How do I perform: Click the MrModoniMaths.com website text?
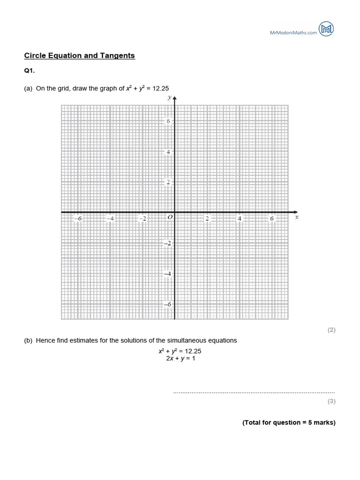293,32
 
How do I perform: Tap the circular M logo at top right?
326,29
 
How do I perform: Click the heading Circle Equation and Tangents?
79,56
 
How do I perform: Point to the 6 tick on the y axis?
168,121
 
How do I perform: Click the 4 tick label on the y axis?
168,152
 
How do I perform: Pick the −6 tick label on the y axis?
166,304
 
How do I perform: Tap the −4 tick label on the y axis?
166,274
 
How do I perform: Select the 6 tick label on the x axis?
272,218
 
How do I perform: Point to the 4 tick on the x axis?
240,218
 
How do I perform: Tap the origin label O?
170,217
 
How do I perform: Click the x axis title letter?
297,217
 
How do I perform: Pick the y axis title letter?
169,98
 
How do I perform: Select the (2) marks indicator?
331,330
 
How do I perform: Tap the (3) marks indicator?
331,401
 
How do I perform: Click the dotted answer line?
254,392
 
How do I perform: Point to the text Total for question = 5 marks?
289,422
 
